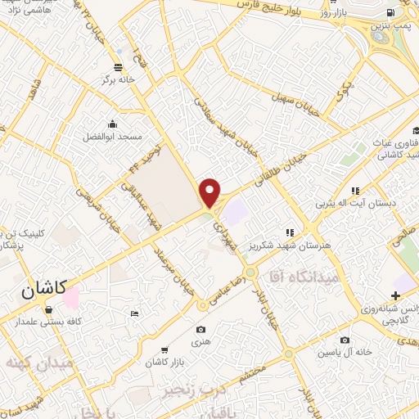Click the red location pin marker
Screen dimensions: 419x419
211,192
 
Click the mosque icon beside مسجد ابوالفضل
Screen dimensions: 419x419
112,124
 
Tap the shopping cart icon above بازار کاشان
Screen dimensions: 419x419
164,349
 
